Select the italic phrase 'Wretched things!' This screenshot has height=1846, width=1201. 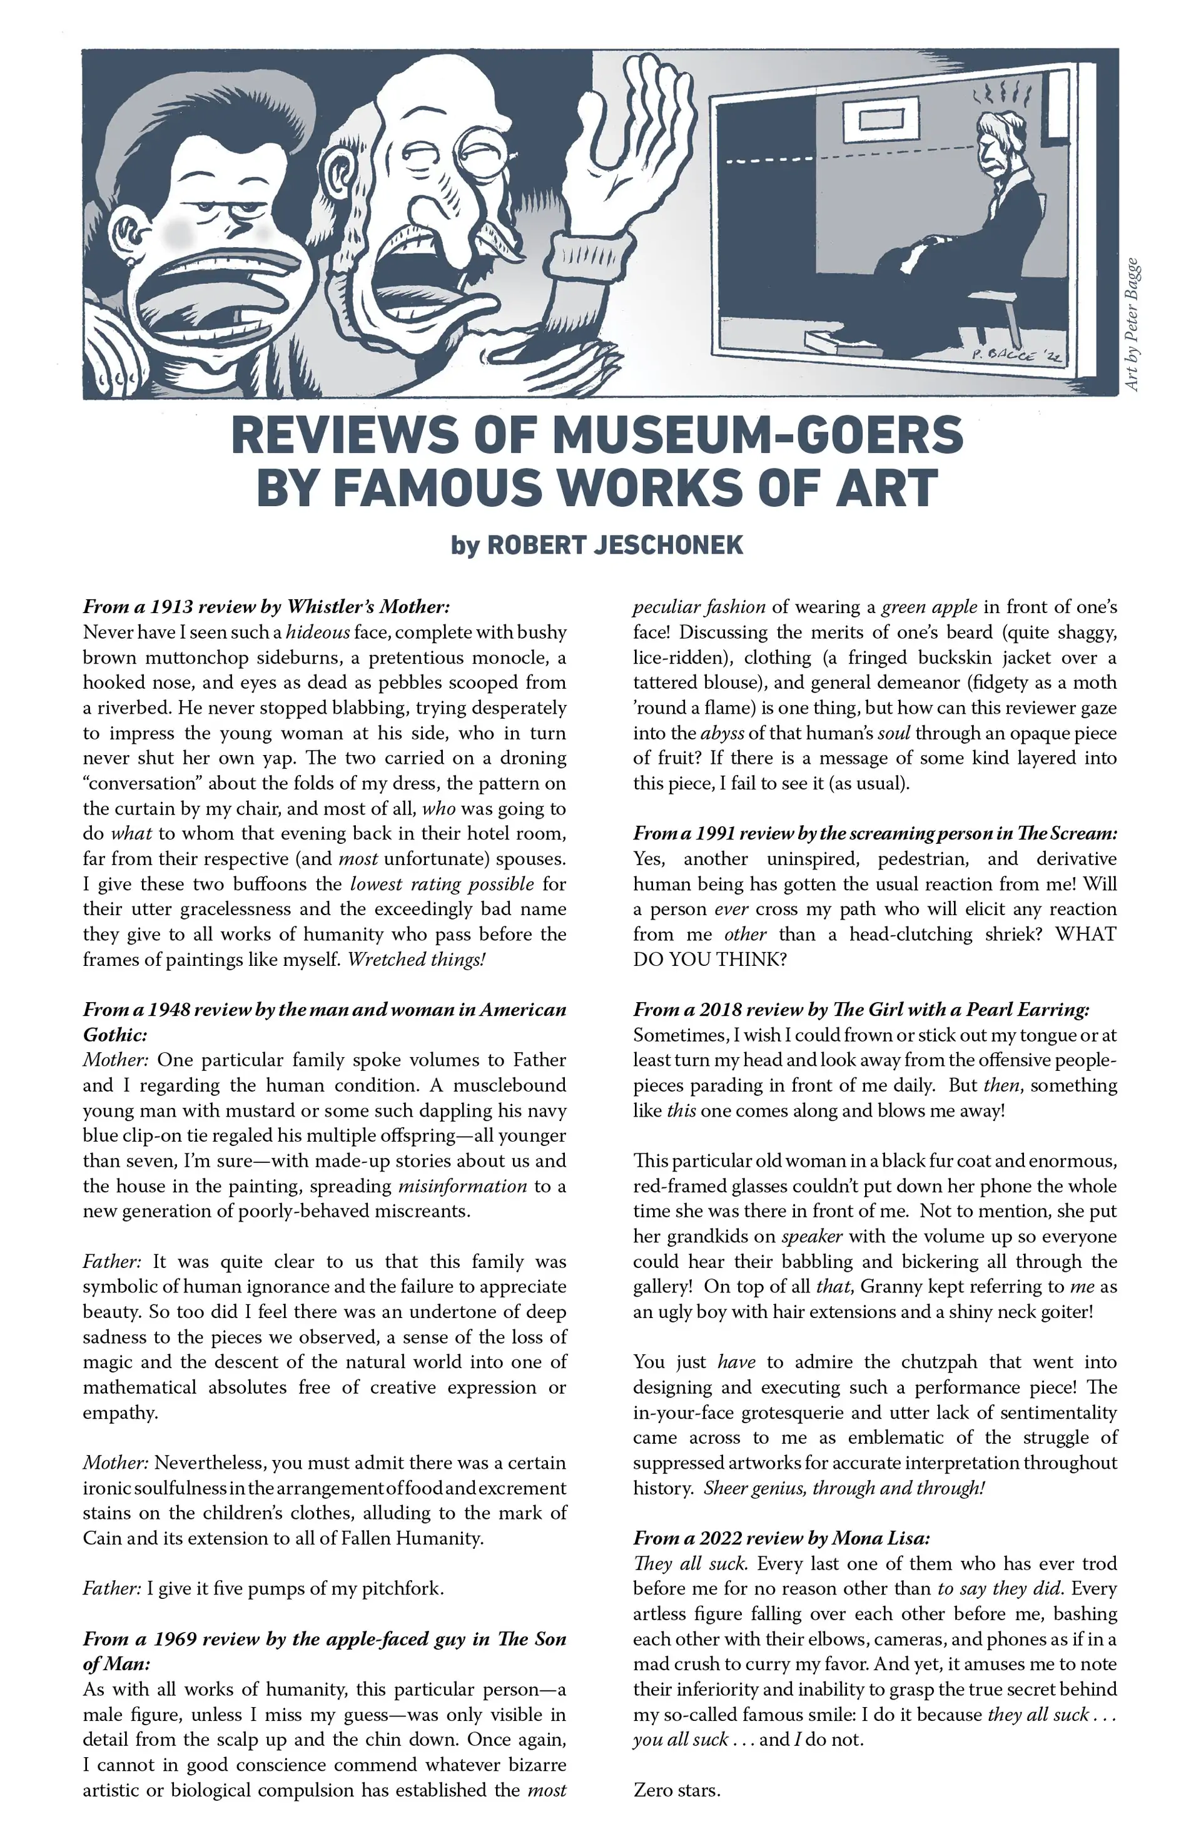point(416,960)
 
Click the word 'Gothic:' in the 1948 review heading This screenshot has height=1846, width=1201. point(115,1035)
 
